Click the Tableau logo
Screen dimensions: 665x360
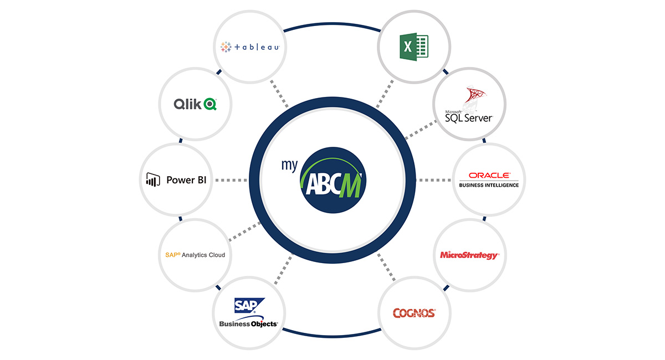(x=250, y=47)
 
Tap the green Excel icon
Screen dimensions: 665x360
(x=414, y=47)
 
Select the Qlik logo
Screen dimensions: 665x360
(x=195, y=104)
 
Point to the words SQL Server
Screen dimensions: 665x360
(x=469, y=118)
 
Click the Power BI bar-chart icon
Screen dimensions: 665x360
(x=153, y=179)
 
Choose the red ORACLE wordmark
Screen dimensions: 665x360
(x=489, y=176)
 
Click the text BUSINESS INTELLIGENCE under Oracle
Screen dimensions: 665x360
(x=489, y=185)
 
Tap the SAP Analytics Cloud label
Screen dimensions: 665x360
(x=195, y=255)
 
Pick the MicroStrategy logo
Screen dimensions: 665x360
(x=469, y=255)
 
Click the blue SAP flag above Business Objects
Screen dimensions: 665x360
(x=249, y=305)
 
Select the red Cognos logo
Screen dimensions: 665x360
(x=414, y=313)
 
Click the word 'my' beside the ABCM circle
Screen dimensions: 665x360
(x=289, y=164)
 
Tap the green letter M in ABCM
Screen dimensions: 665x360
(x=351, y=186)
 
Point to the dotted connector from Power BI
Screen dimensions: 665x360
(x=231, y=180)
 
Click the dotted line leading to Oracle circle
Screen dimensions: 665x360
(x=433, y=180)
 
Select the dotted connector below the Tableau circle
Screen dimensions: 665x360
(x=279, y=93)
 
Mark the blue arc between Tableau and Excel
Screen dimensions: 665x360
(x=332, y=24)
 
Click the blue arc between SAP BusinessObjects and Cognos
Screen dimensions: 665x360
(x=332, y=336)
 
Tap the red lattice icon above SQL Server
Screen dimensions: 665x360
(x=474, y=95)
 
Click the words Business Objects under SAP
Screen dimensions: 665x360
(x=248, y=324)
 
